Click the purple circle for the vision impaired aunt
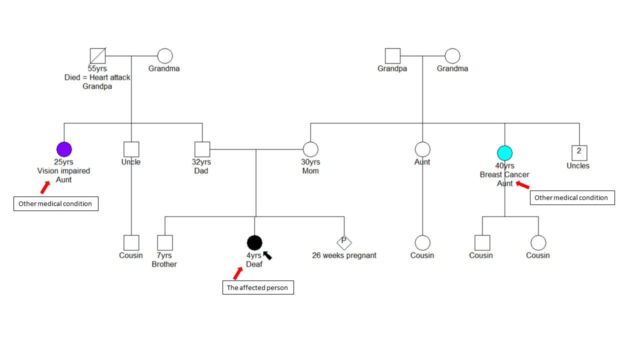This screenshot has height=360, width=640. point(64,149)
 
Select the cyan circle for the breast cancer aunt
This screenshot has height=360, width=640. point(505,153)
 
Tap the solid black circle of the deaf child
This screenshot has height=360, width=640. point(254,242)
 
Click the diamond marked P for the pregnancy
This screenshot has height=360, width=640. point(343,242)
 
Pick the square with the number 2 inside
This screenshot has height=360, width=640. point(579,152)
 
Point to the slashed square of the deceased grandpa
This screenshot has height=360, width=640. point(97,56)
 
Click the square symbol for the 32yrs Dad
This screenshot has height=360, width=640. point(202,149)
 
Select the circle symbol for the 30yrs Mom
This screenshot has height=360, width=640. point(310,149)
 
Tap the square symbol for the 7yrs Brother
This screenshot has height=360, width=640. point(164,242)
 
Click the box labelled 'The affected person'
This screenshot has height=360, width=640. point(258,288)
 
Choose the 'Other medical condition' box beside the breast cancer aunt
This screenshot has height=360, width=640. point(571,198)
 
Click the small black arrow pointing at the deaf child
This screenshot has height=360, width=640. point(267,255)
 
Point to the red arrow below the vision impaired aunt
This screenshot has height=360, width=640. point(45,187)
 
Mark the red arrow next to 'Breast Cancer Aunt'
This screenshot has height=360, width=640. point(522,185)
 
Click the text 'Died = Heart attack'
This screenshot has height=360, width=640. point(97,77)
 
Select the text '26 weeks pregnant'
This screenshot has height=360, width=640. point(344,255)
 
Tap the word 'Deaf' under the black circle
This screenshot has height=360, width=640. point(254,264)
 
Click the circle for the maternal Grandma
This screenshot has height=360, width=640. point(452,56)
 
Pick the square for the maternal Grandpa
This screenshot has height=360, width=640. point(392,56)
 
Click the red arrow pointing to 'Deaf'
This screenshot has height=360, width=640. point(238,273)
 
